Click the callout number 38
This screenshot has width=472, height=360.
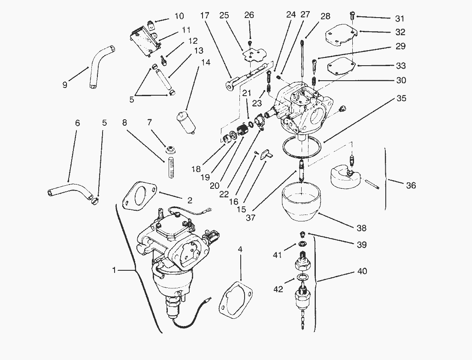tap(361, 228)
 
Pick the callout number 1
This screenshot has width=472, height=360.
tap(114, 270)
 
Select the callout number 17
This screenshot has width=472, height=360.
tap(204, 15)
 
